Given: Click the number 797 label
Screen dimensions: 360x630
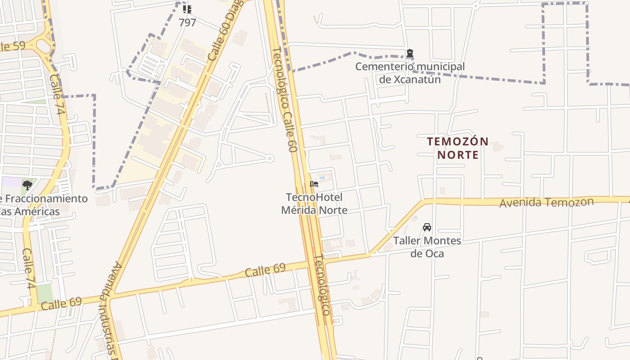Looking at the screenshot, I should (187, 22).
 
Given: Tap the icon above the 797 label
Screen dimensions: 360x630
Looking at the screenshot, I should (187, 9).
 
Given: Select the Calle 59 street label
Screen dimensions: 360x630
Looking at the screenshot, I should (13, 46).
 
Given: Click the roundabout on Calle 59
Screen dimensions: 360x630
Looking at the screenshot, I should (44, 45).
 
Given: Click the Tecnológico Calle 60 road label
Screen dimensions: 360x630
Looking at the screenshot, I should (285, 99).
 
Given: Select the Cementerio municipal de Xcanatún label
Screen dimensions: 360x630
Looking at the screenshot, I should (410, 73).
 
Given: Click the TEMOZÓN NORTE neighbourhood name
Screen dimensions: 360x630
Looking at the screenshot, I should (458, 148).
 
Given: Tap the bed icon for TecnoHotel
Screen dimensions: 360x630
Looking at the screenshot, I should (314, 184).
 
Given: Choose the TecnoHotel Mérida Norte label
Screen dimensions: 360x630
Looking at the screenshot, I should (314, 203).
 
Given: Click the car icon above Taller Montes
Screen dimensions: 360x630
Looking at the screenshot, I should (427, 227).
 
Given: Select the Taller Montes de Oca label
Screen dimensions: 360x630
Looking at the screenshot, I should (427, 247).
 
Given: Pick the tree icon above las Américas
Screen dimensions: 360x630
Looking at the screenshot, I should (27, 185).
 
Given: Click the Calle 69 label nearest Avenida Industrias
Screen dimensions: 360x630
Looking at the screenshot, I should (61, 303).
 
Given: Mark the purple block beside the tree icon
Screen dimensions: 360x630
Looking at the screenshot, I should (11, 183).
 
